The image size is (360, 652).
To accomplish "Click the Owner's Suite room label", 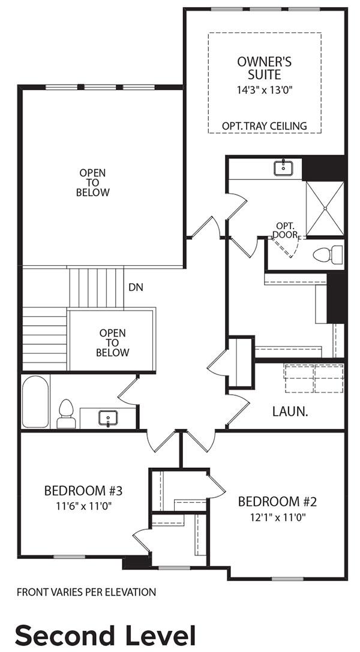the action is coord(265,68).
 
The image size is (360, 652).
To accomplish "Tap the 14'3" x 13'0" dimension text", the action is coord(265,90).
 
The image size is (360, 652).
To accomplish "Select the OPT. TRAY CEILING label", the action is coord(265,125).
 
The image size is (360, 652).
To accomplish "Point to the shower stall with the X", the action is coord(325,208).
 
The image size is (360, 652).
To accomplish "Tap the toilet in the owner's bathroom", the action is coord(328,254).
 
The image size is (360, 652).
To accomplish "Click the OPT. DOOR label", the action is coord(286,230).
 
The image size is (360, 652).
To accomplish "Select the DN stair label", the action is coord(136,287).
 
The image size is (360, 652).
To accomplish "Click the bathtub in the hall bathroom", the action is coord(35,402).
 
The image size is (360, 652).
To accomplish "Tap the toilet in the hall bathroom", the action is coord(66,414).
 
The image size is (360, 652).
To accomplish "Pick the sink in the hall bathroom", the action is coord(108,418).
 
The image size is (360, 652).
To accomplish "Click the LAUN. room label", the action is coord(290,412).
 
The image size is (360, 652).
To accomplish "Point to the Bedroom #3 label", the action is coord(83,491).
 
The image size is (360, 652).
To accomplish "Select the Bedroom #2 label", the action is coord(277,502).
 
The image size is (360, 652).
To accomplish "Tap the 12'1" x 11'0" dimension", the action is coord(278,517).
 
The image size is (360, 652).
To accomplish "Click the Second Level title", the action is coord(105,636).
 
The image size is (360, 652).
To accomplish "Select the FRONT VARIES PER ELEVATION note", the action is coord(86,592).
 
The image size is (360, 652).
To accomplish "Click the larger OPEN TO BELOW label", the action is coord(93,182).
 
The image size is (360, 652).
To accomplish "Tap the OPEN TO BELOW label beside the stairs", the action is coord(113,343).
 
